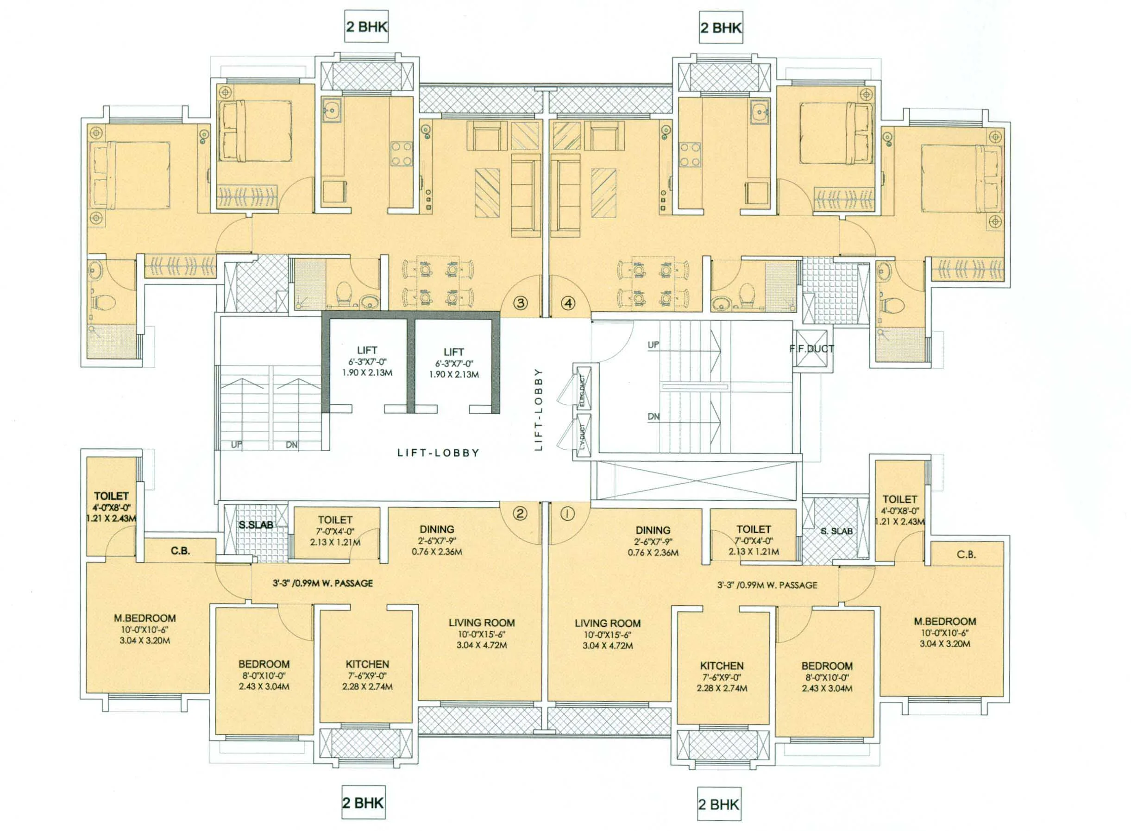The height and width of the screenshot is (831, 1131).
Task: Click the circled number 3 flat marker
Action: tap(521, 303)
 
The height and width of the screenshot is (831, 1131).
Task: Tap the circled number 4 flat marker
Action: tap(569, 303)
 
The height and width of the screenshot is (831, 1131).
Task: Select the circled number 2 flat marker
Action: tap(520, 513)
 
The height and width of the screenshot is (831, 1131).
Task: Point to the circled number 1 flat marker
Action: tap(568, 514)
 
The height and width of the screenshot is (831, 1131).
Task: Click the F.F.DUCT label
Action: tap(812, 349)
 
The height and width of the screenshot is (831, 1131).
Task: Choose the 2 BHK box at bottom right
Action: tap(719, 804)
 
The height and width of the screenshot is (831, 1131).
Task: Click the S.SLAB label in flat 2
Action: tap(256, 525)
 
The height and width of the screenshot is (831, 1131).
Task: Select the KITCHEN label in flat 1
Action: tap(722, 666)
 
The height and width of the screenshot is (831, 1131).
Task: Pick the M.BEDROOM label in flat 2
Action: tap(145, 618)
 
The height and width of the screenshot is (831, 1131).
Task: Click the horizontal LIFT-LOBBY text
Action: tap(438, 453)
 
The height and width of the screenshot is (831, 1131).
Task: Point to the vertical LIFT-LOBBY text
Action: tap(539, 409)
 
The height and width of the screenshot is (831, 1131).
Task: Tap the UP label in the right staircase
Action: tap(653, 345)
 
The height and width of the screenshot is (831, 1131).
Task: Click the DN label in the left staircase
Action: tap(292, 445)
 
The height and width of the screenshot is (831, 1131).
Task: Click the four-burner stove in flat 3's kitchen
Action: tap(401, 153)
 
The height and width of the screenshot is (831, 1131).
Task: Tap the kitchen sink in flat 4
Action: tap(758, 110)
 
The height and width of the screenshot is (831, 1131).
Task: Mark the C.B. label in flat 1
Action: tap(966, 554)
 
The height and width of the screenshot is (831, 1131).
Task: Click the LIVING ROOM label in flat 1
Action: tap(608, 623)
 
